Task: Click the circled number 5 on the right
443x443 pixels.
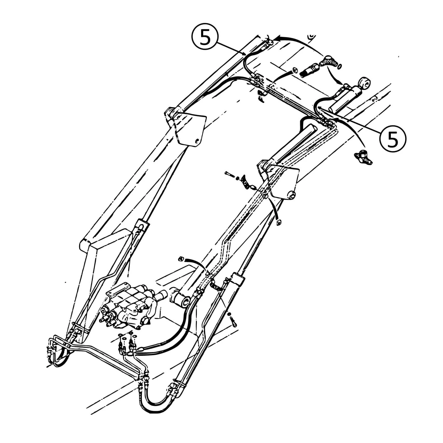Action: pyautogui.click(x=393, y=139)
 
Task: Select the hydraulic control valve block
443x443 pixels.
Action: pyautogui.click(x=129, y=306)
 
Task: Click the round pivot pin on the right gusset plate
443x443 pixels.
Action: pyautogui.click(x=291, y=195)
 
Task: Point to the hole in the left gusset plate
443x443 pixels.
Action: pyautogui.click(x=198, y=141)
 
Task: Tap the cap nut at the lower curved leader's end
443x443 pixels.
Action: pyautogui.click(x=279, y=222)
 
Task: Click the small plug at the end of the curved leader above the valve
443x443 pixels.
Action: pyautogui.click(x=181, y=259)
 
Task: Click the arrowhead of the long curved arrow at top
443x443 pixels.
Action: pyautogui.click(x=278, y=39)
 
